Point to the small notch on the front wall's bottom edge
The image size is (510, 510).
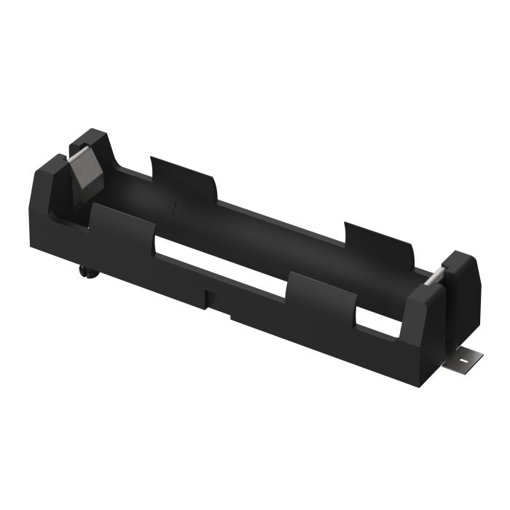click(x=211, y=298)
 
